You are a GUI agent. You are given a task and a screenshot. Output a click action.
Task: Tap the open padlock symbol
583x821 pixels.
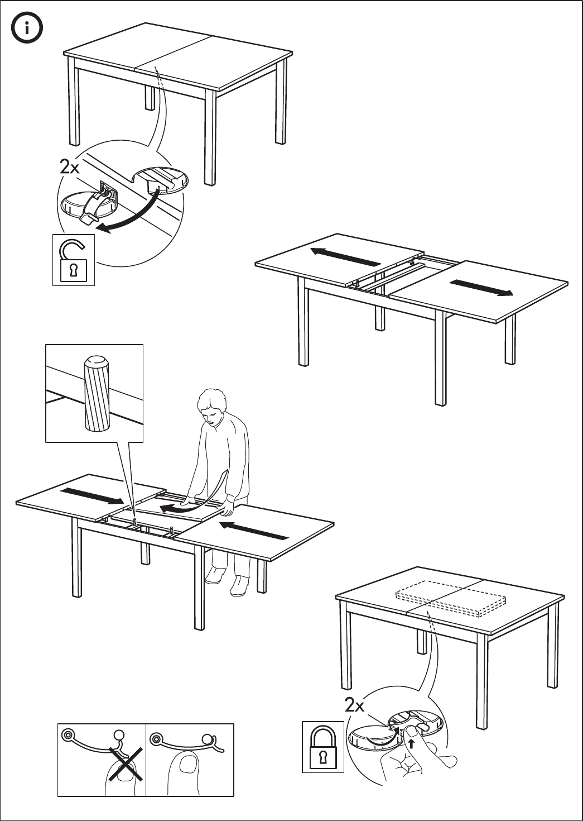click(x=73, y=260)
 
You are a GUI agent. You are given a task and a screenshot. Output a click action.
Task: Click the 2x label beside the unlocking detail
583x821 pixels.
click(x=70, y=166)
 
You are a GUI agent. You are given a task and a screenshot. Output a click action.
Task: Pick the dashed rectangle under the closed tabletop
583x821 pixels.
click(x=450, y=598)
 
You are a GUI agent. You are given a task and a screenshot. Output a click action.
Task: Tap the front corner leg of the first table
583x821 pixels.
click(x=210, y=140)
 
